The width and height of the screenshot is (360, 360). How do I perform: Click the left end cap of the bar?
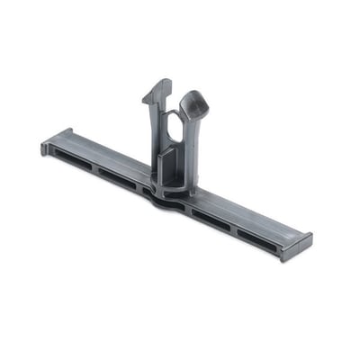[x=46, y=146]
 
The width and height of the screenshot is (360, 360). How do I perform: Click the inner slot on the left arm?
[x=118, y=176]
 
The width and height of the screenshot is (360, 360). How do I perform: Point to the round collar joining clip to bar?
[x=176, y=190]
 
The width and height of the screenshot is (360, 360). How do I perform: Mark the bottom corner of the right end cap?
[x=286, y=259]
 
